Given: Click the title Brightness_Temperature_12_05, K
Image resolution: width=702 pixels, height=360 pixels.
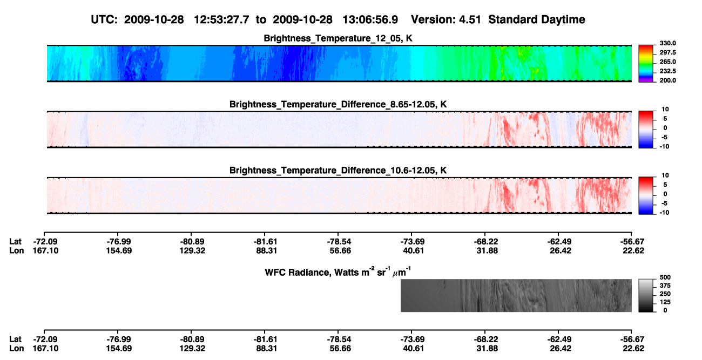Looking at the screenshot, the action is pyautogui.click(x=338, y=38).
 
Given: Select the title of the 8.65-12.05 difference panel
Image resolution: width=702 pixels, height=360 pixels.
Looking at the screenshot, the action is pyautogui.click(x=338, y=104).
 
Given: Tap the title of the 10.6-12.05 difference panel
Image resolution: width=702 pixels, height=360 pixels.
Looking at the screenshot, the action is pyautogui.click(x=338, y=171).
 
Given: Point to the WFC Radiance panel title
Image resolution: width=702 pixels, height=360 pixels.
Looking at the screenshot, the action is pyautogui.click(x=337, y=271).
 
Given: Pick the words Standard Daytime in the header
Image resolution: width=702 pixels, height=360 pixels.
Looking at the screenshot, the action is pyautogui.click(x=537, y=20).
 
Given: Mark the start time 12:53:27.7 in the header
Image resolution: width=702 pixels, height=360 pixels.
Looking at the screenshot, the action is pyautogui.click(x=221, y=20).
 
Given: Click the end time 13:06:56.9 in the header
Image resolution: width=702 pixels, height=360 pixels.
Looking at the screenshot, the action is pyautogui.click(x=370, y=20).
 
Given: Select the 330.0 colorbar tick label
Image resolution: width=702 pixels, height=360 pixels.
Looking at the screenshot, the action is pyautogui.click(x=667, y=43).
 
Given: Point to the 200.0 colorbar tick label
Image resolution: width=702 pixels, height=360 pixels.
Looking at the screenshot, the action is pyautogui.click(x=667, y=80).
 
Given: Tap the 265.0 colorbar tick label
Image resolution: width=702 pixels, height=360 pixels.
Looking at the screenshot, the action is pyautogui.click(x=667, y=62).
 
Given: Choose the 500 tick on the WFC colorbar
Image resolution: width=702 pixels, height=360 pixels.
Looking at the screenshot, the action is pyautogui.click(x=665, y=277).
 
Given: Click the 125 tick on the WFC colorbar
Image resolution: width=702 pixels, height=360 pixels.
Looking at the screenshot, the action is pyautogui.click(x=665, y=302).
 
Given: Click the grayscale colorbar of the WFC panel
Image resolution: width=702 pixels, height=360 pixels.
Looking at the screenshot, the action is pyautogui.click(x=646, y=295).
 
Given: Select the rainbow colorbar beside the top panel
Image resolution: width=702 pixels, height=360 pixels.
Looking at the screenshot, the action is pyautogui.click(x=646, y=64).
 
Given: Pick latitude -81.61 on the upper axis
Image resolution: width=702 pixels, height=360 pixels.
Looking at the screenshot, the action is pyautogui.click(x=266, y=242).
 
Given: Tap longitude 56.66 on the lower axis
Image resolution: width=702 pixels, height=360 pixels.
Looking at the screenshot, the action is pyautogui.click(x=340, y=349).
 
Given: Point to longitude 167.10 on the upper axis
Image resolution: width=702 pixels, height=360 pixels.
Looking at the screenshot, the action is pyautogui.click(x=45, y=250).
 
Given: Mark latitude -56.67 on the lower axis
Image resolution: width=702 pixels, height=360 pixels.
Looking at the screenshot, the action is pyautogui.click(x=632, y=339).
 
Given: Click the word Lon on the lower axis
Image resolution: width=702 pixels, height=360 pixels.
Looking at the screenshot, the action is pyautogui.click(x=16, y=349).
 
